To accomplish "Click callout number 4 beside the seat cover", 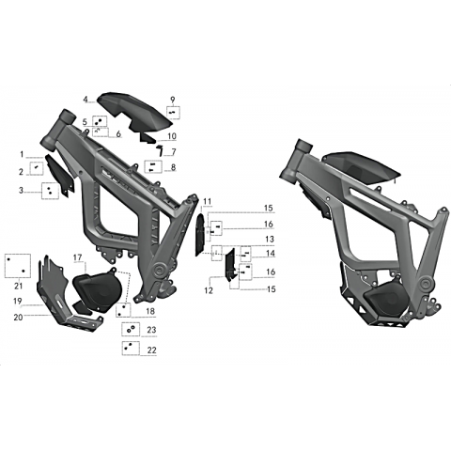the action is [86, 100].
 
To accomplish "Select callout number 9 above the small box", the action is [173, 100].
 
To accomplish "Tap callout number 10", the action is [172, 136].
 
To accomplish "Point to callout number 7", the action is [174, 152].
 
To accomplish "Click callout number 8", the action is [173, 167].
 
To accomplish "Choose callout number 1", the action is [22, 154].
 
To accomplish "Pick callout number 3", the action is [21, 190].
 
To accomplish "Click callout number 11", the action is [208, 201].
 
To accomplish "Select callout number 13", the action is [270, 239].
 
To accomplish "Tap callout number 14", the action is [271, 253].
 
